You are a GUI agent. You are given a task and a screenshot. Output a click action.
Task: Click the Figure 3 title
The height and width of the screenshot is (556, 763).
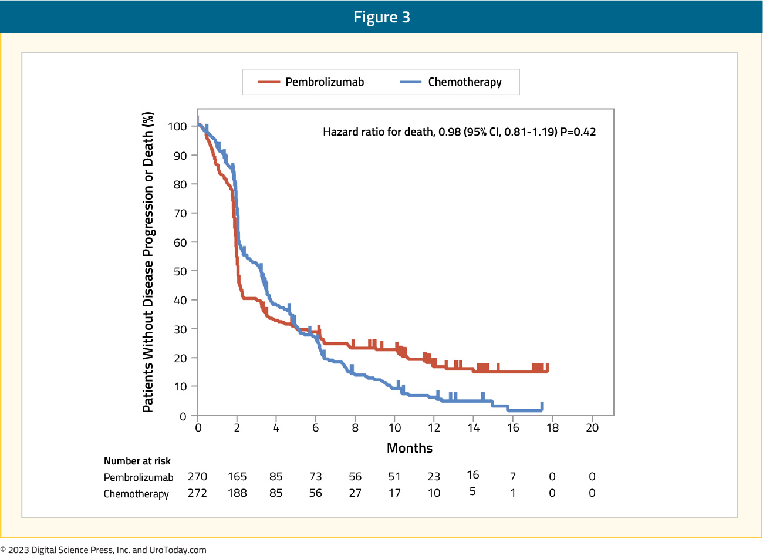point(381,17)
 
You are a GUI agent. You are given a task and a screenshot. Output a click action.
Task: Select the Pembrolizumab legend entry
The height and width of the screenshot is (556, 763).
point(311,82)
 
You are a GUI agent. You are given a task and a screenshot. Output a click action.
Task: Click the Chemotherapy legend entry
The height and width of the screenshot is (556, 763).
point(450,82)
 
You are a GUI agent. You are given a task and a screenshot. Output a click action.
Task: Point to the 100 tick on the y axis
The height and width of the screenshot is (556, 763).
point(177,126)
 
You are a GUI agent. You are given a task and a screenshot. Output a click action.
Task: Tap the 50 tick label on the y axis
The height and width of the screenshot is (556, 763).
point(180,271)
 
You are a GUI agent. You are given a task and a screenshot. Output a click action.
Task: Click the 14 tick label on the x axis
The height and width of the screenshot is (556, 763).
point(474,427)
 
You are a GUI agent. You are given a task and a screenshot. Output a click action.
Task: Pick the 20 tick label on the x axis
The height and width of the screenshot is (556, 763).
point(592,427)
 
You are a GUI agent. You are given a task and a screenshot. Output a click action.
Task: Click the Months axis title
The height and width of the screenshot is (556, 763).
point(410,448)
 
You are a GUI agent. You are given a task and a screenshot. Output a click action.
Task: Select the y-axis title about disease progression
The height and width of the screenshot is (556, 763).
point(148,262)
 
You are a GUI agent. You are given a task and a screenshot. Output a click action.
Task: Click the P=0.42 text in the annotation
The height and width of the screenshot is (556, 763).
point(578,132)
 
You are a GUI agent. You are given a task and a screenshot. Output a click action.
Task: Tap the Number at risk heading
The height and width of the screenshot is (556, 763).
point(137,461)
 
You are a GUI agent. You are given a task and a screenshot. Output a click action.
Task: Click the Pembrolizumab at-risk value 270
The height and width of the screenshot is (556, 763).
point(197,476)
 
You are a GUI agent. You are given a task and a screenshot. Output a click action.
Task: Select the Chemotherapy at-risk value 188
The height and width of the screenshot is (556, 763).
point(237,493)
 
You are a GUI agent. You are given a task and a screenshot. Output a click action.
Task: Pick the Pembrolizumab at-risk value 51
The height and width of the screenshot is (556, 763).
point(394,476)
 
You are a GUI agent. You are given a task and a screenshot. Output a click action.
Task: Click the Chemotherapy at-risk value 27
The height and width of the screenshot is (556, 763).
point(355,493)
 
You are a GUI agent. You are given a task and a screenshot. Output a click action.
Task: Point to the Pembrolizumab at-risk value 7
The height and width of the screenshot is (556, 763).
point(512,476)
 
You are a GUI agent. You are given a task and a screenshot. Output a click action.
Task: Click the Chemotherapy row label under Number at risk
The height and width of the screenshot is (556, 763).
point(136,494)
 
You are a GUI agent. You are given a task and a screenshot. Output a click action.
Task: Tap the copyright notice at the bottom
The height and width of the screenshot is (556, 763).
point(103,550)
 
